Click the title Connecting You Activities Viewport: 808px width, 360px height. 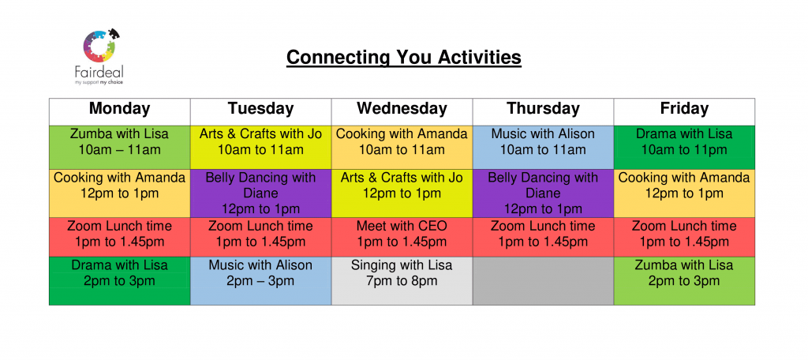tap(403, 57)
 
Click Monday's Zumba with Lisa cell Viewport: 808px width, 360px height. tap(120, 147)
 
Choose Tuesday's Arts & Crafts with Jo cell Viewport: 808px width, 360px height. tap(260, 147)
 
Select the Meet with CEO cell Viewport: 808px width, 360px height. tap(402, 237)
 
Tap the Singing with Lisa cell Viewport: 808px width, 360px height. tap(402, 280)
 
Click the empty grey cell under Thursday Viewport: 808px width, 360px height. tap(543, 280)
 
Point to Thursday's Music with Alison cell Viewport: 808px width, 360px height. tap(543, 147)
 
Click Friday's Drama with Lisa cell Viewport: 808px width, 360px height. tap(684, 147)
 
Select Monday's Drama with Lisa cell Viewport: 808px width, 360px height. tap(120, 280)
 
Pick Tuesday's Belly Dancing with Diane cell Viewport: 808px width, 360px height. tap(260, 193)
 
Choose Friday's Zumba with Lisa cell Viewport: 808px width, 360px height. tap(684, 280)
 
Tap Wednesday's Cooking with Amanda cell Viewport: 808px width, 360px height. tap(402, 147)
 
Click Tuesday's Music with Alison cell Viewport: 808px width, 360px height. tap(260, 280)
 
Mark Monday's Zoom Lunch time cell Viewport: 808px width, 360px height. tap(120, 237)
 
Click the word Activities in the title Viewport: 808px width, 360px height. tap(480, 57)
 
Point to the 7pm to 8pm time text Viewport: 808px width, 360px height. tap(402, 281)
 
